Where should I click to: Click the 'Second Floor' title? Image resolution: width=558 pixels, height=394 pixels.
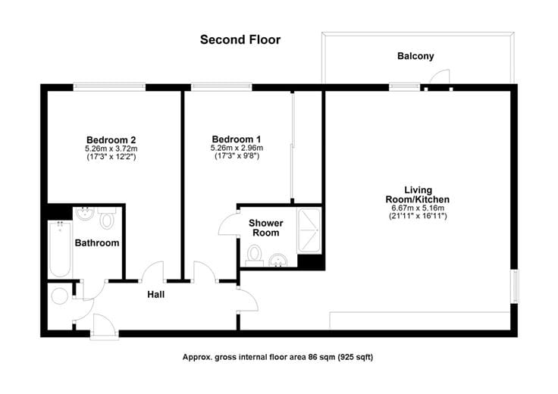point(240,39)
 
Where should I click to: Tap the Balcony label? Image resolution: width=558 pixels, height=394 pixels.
point(415,56)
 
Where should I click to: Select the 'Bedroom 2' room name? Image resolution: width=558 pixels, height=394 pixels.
point(111,139)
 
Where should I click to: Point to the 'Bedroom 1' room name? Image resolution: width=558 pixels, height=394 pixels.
point(237,139)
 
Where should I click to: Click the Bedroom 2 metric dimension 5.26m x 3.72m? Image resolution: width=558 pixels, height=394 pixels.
point(111,149)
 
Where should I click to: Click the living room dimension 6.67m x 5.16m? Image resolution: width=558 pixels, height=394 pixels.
point(417,208)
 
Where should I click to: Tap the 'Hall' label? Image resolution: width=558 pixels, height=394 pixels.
point(156,294)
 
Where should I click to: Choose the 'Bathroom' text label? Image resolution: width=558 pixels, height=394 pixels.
point(96,243)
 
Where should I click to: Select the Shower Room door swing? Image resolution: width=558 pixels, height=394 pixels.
point(227,224)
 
